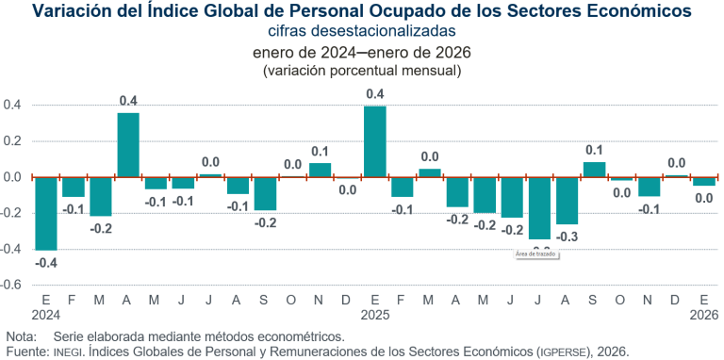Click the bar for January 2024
pos(45,213)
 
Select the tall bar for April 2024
pos(128,144)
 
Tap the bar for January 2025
pos(374,141)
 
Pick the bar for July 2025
pos(539,207)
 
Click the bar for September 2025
pos(594,169)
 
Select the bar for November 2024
pos(320,170)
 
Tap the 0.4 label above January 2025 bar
pos(374,93)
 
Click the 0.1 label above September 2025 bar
pos(594,150)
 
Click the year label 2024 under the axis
pos(45,315)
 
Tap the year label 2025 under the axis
pos(374,315)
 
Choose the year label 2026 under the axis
pos(703,315)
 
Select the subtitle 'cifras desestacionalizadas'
pos(362,31)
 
